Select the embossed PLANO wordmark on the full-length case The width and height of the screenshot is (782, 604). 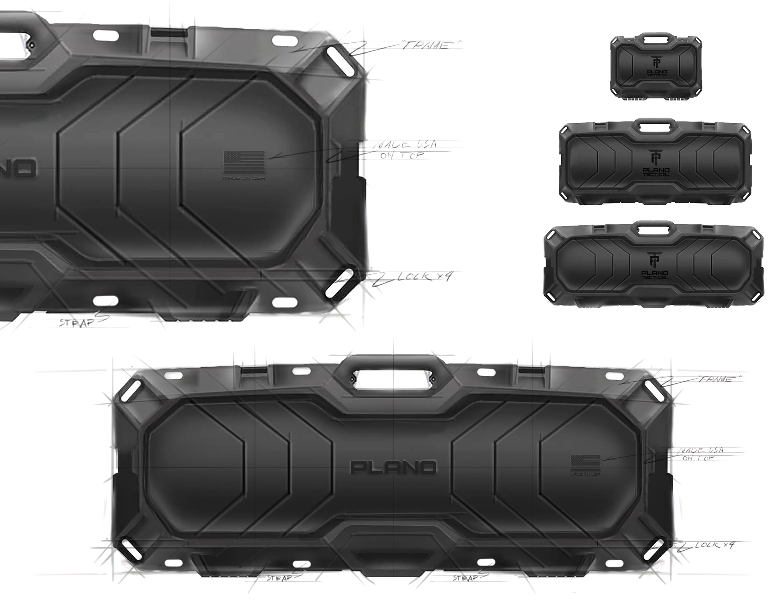(x=393, y=467)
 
